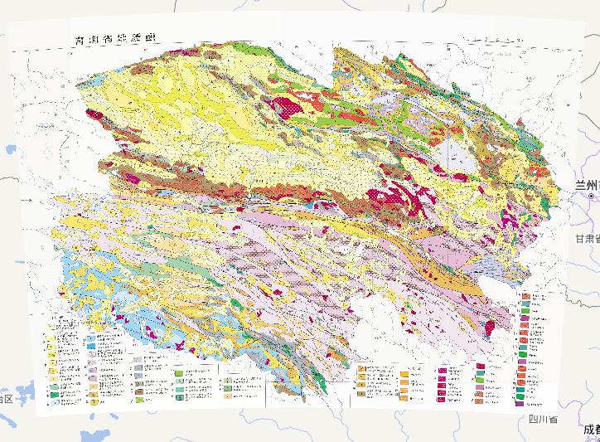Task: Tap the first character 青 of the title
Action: coord(80,41)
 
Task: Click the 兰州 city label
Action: coord(588,186)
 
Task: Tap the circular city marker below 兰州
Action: coord(591,199)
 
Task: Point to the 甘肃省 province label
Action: coord(586,239)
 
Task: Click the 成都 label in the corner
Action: coord(590,429)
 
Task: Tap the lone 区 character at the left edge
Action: coord(7,400)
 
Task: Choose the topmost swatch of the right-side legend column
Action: coord(525,296)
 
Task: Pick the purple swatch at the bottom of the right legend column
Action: coord(520,403)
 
